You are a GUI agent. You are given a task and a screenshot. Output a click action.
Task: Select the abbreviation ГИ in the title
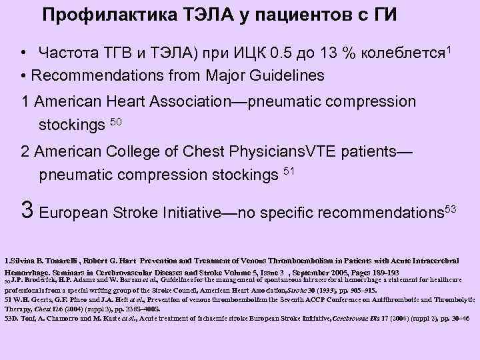pos(383,14)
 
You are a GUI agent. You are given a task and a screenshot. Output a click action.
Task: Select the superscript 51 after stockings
pos(288,171)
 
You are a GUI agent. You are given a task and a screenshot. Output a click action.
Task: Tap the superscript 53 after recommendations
pos(450,209)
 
